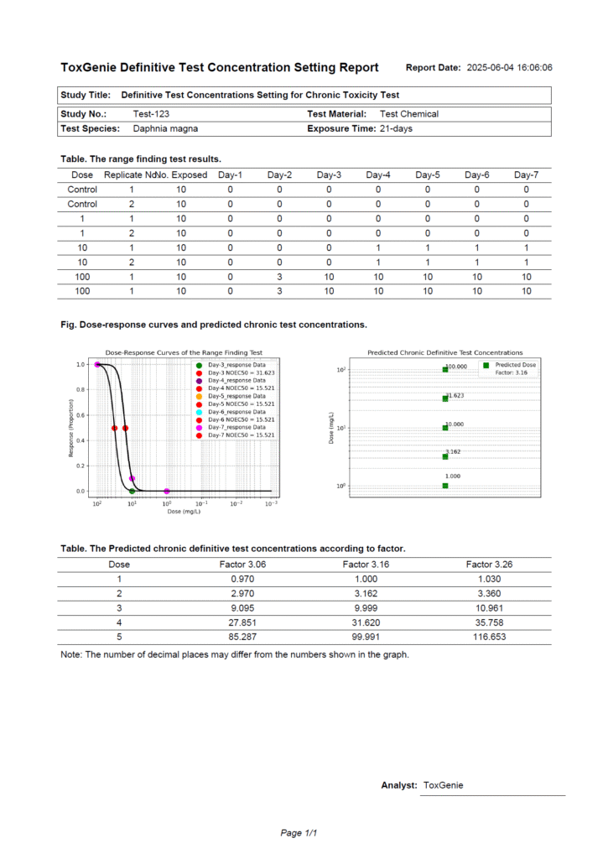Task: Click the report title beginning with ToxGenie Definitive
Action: click(x=220, y=67)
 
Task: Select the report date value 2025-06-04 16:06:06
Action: click(x=509, y=68)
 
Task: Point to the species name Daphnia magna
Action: click(x=165, y=129)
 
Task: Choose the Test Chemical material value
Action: click(x=409, y=113)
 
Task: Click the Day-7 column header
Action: click(x=526, y=174)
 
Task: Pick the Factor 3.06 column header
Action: click(x=242, y=565)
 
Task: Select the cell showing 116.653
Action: click(x=489, y=637)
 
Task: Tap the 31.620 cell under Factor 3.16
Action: click(x=366, y=622)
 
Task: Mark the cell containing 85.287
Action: click(x=242, y=637)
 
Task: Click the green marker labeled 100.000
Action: click(x=445, y=369)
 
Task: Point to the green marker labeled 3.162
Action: click(x=445, y=456)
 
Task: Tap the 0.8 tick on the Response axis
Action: click(x=81, y=390)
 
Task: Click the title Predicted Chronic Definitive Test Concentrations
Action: click(x=445, y=353)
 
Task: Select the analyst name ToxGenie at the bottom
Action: click(x=443, y=785)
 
